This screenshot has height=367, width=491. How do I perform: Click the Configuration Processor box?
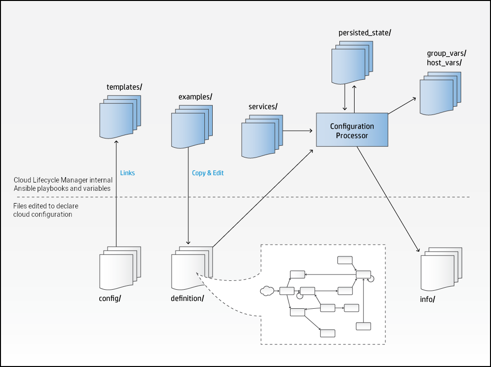pos(352,130)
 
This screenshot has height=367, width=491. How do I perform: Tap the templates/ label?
pos(124,87)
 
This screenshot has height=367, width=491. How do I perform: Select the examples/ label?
pos(195,97)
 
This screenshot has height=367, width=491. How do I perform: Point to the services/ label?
pos(263,107)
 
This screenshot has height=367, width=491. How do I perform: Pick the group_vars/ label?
pos(446,53)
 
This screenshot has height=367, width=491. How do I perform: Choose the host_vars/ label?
pos(444,63)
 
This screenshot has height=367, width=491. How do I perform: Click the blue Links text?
pos(127,173)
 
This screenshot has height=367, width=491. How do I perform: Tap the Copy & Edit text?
pos(208,173)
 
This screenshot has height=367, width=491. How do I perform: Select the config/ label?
pos(110,298)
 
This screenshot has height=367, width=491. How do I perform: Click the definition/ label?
pos(187,298)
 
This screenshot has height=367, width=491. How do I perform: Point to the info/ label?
pos(428,299)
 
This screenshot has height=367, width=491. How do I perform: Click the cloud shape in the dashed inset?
pos(267,291)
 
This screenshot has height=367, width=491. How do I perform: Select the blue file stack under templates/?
pos(119,118)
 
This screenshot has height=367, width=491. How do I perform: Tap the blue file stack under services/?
pos(261,138)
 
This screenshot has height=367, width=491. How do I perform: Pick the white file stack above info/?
pos(440,270)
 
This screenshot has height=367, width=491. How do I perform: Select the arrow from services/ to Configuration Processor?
pos(298,131)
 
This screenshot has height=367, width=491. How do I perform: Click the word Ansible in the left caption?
pos(25,188)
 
